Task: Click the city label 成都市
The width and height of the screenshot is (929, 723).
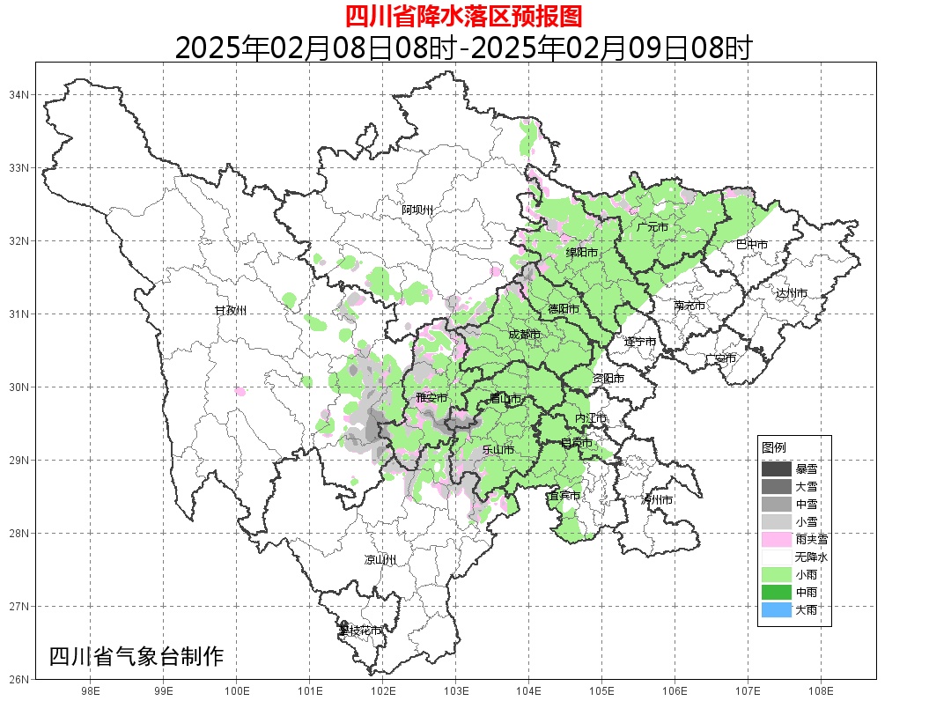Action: point(525,335)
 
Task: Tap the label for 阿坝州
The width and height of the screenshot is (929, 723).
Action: point(417,210)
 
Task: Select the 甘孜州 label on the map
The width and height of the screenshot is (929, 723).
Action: point(231,311)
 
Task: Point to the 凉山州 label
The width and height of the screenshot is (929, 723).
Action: point(380,560)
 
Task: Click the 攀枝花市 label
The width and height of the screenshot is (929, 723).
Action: point(360,631)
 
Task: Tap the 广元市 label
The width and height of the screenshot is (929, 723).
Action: point(653,227)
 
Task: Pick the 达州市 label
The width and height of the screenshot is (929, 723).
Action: point(792,292)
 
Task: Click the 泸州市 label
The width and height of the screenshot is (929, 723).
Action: point(657,499)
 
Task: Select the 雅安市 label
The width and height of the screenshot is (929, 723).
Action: point(431,398)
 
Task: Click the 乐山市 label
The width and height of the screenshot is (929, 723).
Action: point(498,449)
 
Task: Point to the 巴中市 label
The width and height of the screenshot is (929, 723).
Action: point(751,244)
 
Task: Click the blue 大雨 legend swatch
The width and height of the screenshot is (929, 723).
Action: point(776,609)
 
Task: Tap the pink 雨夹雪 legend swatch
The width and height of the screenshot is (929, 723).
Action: point(776,538)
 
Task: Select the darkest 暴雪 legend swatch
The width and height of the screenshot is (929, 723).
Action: point(776,468)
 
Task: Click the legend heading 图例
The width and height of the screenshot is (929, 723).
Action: point(773,447)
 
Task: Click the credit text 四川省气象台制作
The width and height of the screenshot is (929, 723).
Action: point(136,656)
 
